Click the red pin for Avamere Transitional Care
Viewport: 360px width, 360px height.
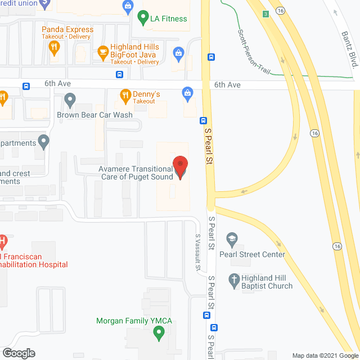(180, 166)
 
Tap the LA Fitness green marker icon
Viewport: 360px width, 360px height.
(142, 18)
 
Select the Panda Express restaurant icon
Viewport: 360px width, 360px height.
(55, 47)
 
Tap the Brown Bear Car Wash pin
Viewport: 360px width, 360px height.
(70, 101)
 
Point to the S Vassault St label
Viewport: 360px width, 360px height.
(198, 251)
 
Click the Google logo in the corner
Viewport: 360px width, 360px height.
(18, 353)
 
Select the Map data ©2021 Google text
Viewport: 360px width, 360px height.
(325, 355)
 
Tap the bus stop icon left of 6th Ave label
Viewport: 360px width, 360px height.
(27, 86)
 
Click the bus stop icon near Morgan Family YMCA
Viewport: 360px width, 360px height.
(214, 328)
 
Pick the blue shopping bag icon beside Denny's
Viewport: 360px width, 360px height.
(187, 93)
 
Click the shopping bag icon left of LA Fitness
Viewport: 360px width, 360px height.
(128, 7)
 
